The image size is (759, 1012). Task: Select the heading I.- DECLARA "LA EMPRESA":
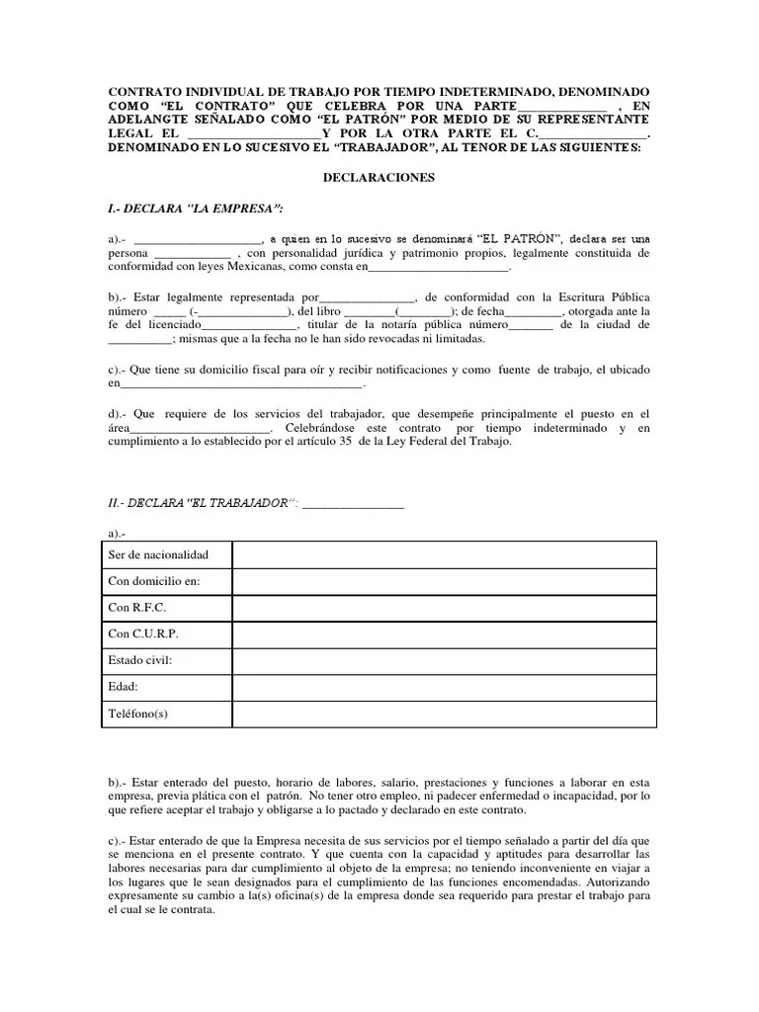tap(196, 209)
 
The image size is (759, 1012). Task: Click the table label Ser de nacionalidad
tap(158, 554)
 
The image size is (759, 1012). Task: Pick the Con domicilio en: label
tap(154, 581)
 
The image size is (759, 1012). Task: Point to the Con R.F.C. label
tap(137, 608)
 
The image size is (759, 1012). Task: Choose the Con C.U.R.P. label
tap(143, 634)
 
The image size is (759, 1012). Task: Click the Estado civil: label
tap(141, 660)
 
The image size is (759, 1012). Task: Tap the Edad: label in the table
tap(124, 687)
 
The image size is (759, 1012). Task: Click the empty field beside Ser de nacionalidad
tap(444, 554)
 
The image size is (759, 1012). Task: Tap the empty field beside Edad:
tap(444, 687)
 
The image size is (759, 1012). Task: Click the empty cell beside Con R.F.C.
tap(444, 608)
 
